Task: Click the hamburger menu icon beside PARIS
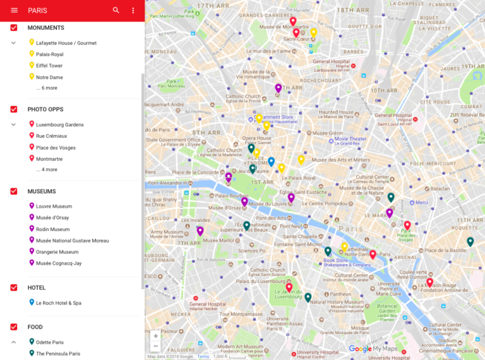[x=14, y=10]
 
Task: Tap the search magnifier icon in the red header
[x=116, y=10]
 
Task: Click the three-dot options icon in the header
[x=133, y=10]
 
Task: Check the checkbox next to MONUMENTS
[x=14, y=28]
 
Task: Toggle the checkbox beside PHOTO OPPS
[x=14, y=109]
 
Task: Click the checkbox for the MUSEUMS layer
[x=14, y=191]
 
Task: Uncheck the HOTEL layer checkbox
[x=14, y=287]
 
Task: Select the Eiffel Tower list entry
[x=49, y=66]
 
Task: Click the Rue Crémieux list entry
[x=51, y=136]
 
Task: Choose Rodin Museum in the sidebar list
[x=52, y=229]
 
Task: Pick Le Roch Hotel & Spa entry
[x=58, y=303]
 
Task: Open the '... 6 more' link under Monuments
[x=47, y=88]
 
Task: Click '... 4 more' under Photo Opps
[x=47, y=170]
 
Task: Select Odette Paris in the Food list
[x=50, y=342]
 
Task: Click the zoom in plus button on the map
[x=156, y=336]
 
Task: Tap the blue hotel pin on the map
[x=272, y=162]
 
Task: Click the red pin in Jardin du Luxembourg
[x=289, y=288]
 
